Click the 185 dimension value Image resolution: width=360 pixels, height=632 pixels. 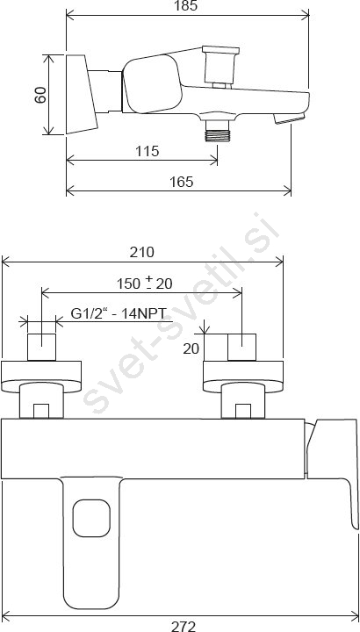pos(187,5)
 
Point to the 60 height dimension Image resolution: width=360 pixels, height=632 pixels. pos(40,95)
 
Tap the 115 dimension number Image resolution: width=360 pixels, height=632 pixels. pos(148,151)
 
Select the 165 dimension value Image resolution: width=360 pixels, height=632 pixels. pos(182,182)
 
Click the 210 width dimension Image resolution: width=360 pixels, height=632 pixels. pos(141,252)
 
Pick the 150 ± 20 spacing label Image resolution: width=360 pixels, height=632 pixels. pos(145,284)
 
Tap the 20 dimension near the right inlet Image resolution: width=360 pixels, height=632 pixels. pos(191,348)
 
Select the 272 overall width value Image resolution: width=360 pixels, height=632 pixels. pos(184,626)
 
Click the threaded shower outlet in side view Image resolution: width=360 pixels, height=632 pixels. pos(217,131)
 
